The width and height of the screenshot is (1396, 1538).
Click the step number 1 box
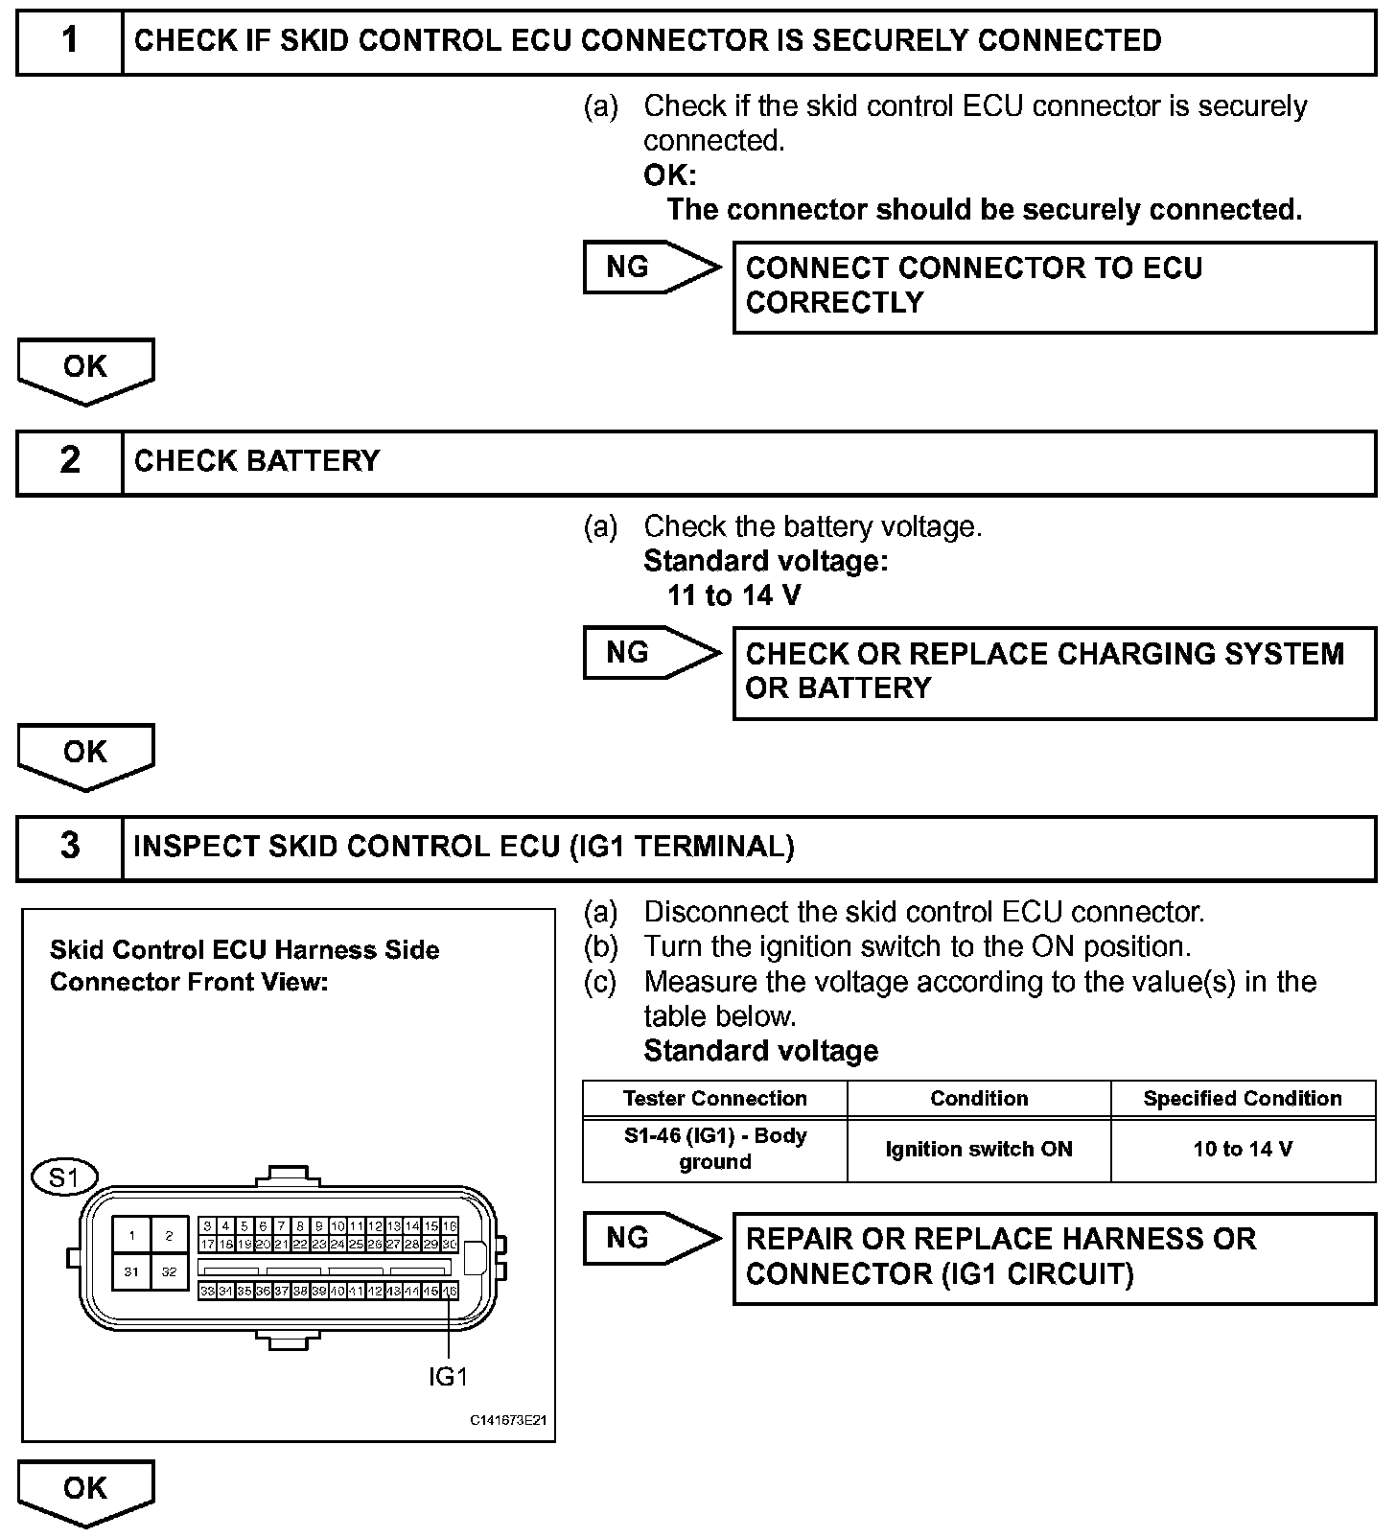coord(70,41)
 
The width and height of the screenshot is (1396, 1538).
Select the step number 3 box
coord(70,847)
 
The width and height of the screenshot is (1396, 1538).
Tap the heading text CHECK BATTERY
coord(256,461)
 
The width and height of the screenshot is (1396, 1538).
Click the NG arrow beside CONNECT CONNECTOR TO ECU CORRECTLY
coord(651,268)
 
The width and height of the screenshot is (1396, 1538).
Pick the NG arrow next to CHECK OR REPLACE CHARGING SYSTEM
coord(651,653)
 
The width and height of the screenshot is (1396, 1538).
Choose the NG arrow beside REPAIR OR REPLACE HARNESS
coord(651,1238)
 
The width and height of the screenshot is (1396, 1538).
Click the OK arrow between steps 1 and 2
coord(85,370)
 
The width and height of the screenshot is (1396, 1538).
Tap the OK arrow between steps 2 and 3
coord(85,756)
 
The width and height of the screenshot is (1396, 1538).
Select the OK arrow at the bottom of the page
coord(85,1492)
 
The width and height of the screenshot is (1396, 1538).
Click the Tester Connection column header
coord(714,1099)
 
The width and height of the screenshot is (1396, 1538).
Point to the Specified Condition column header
coord(1243,1099)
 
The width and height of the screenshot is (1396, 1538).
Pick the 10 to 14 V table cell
coord(1243,1149)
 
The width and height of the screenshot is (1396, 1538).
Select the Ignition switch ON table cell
coord(979,1149)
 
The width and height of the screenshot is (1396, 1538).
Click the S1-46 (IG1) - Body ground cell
coord(714,1149)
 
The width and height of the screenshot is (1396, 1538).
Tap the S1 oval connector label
coord(64,1177)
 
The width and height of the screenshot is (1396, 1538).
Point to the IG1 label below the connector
coord(448,1377)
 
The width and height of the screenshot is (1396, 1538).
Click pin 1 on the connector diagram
coord(131,1236)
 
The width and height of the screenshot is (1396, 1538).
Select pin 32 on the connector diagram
coord(169,1272)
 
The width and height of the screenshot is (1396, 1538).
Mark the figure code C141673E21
coord(507,1420)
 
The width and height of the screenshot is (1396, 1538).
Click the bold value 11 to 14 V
coord(733,595)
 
